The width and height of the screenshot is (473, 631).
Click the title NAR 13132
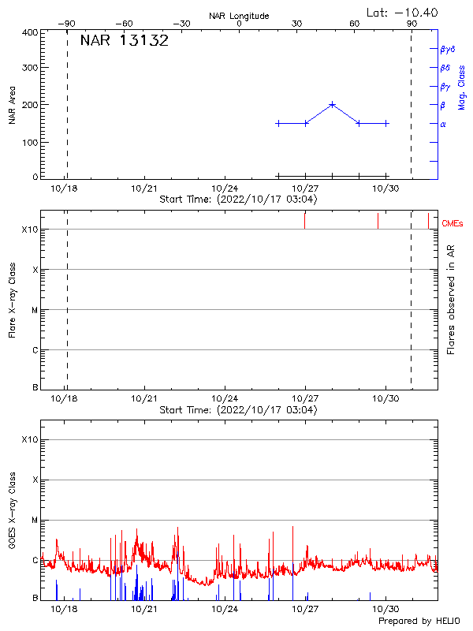coord(124,41)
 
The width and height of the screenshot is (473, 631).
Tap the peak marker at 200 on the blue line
coord(332,104)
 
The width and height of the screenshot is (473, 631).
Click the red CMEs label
coord(453,224)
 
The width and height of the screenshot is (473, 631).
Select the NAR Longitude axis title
coord(239,16)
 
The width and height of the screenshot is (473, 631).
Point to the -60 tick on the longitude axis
coord(124,24)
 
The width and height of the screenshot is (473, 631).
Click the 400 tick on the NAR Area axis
coord(30,32)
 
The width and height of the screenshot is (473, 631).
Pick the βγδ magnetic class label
coord(448,49)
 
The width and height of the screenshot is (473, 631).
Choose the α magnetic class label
coord(443,124)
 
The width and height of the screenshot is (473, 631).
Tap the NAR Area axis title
coord(13,105)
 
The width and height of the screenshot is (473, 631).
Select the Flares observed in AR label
coord(451,299)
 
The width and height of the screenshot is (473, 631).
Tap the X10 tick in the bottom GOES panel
coord(30,439)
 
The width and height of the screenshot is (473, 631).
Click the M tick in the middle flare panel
coord(35,310)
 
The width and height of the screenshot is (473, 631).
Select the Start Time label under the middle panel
coord(238,410)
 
